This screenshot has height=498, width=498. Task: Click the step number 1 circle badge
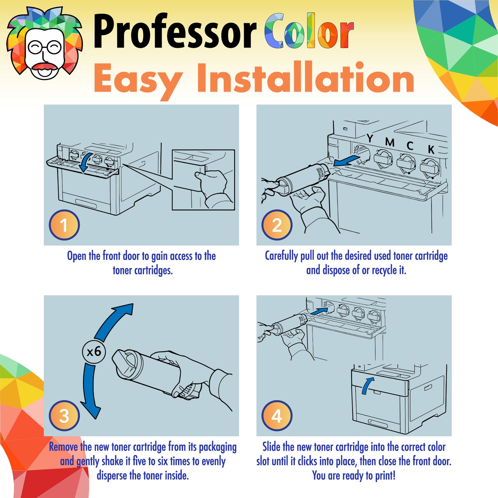coord(64,225)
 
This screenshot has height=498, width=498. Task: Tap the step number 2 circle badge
coord(277,225)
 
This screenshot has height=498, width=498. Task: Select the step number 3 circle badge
coord(64,416)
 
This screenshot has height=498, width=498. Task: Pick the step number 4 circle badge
coord(277,416)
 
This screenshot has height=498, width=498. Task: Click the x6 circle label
coord(94,352)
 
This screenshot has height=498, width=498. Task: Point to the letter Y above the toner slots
coord(370,139)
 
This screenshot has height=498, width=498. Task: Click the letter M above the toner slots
coord(389,142)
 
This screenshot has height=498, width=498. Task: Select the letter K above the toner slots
coord(431,150)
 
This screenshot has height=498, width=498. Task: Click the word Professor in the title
coord(174,32)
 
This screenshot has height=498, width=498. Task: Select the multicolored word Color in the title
coord(309,32)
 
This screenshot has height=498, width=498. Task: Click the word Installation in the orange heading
coord(305,79)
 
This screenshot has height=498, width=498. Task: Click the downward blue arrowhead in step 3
coord(91,410)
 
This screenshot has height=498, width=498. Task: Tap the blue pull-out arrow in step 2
coord(346,161)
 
